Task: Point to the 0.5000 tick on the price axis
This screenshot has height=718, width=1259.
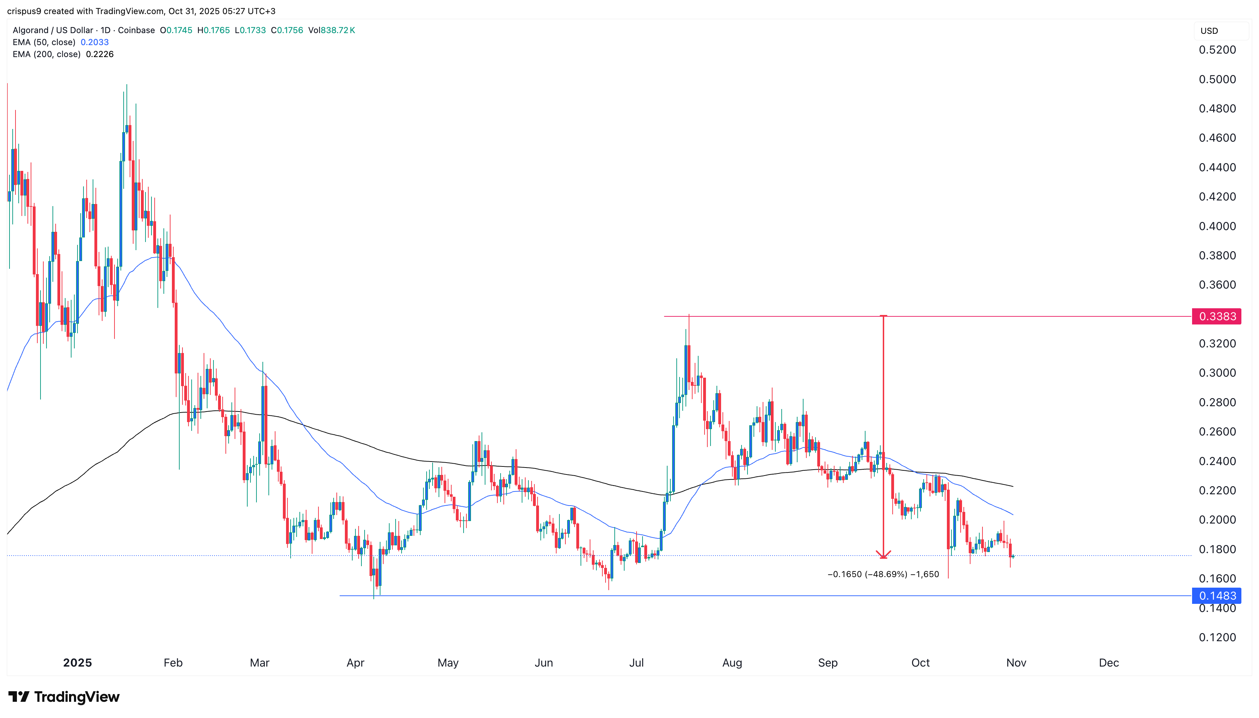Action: tap(1217, 79)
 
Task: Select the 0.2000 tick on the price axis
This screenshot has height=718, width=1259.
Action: tap(1217, 520)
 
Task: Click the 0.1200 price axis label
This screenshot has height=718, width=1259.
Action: tap(1217, 637)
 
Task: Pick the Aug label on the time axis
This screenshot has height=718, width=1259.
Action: tap(732, 663)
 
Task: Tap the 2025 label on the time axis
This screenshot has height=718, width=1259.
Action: tap(77, 663)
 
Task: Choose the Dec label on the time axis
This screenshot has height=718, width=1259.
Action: tap(1109, 663)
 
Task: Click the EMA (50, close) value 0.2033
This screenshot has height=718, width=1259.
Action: tap(95, 42)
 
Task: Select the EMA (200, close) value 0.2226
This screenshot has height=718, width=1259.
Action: tap(100, 54)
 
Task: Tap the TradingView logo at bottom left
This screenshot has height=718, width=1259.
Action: tap(64, 697)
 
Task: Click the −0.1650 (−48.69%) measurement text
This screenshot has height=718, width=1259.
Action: tap(883, 574)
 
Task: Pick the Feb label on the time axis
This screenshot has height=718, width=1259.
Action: tap(173, 663)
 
